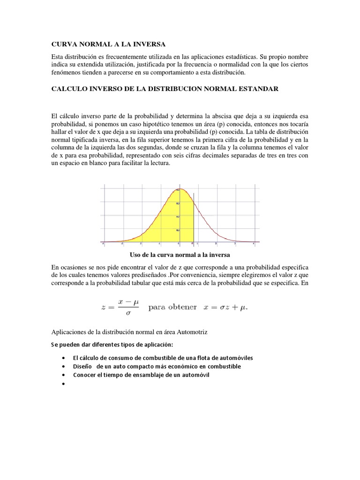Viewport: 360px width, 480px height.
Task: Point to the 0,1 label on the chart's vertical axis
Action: (x=177, y=230)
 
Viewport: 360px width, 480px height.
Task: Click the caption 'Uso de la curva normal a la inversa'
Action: (x=180, y=255)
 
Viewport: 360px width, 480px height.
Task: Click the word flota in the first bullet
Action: (x=212, y=358)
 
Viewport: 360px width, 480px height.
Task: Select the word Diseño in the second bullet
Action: (x=82, y=367)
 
